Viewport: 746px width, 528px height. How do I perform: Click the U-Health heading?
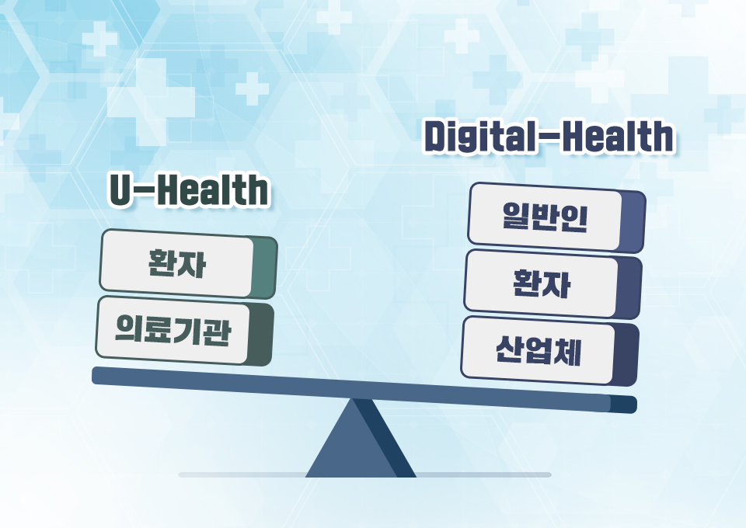click(x=190, y=191)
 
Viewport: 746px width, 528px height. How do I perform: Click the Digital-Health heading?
click(x=549, y=137)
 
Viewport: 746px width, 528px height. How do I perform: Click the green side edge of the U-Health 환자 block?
click(x=265, y=268)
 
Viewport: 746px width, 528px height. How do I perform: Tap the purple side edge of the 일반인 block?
click(x=633, y=222)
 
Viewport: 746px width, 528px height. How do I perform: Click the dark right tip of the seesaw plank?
click(x=624, y=405)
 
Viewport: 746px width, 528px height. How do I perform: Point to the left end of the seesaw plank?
click(x=99, y=375)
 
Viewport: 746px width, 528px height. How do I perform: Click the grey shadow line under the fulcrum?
click(x=482, y=474)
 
